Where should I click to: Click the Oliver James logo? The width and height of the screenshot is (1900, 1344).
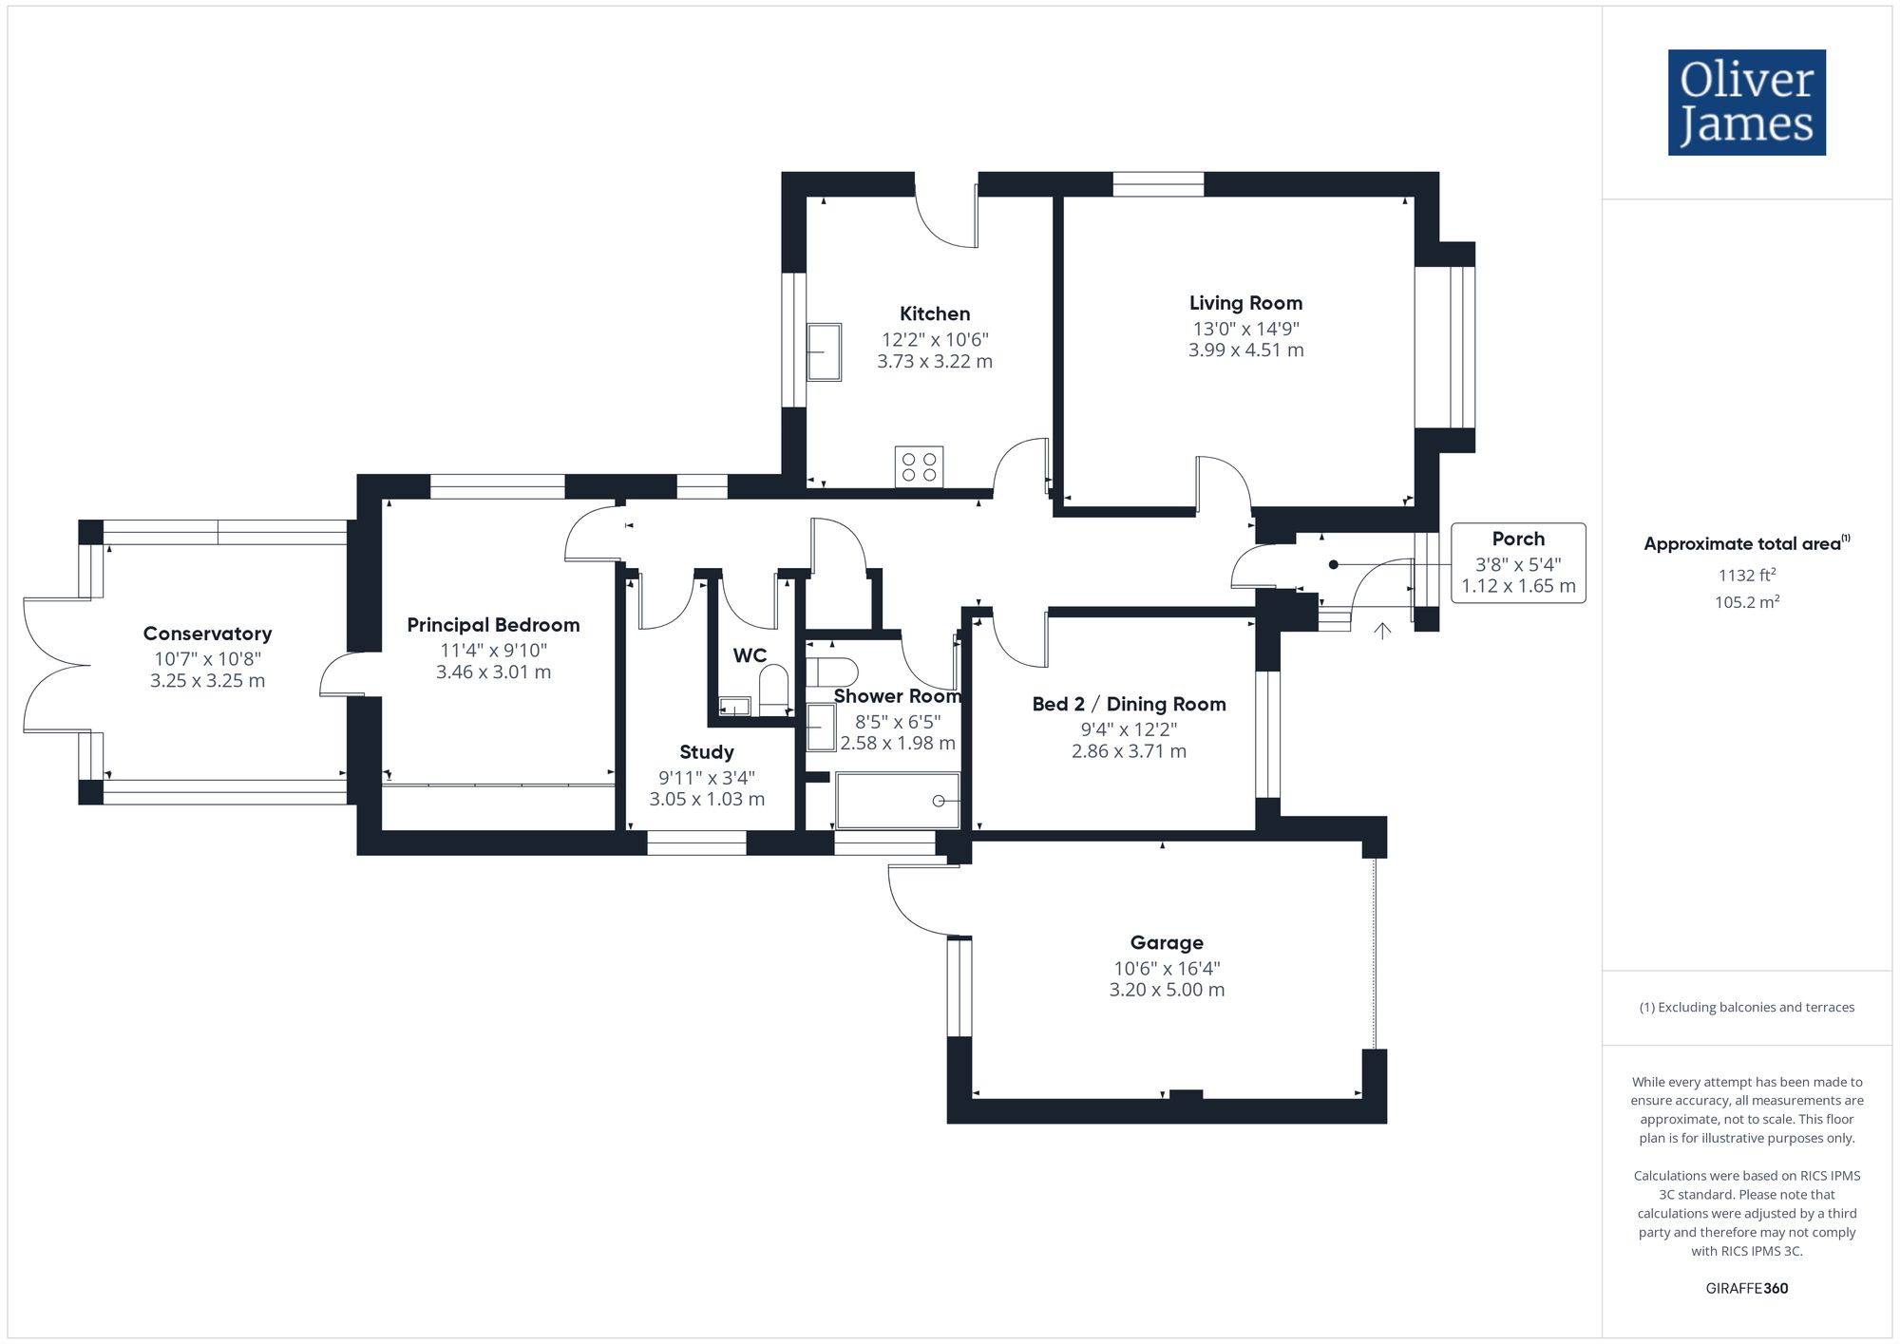pos(1747,103)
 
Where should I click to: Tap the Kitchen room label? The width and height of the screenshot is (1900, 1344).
pos(935,314)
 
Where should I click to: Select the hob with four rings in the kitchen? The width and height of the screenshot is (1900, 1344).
pos(919,466)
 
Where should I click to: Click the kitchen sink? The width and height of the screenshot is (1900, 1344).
pos(824,352)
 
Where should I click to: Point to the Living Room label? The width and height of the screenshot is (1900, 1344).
pos(1245,304)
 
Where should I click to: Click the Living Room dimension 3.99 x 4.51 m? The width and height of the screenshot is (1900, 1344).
pos(1245,350)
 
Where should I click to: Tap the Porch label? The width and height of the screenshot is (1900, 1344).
pos(1518,539)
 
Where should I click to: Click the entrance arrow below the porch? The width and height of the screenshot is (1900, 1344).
pos(1382,630)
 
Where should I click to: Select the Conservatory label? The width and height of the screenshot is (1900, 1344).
pos(207,634)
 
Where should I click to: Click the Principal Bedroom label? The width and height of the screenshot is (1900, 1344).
pos(493,625)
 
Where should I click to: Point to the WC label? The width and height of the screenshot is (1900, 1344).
pos(750,655)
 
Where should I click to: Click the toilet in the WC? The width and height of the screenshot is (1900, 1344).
pos(774,690)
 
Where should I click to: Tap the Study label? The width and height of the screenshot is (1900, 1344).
pos(707,752)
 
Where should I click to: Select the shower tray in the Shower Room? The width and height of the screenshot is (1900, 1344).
pos(898,801)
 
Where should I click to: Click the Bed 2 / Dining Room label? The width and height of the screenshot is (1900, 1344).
pos(1129,705)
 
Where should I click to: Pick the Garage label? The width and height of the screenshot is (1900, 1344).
pos(1167,943)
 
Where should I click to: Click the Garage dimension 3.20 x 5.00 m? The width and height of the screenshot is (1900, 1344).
pos(1167,990)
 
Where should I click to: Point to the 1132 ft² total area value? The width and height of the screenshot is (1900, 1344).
pos(1747,575)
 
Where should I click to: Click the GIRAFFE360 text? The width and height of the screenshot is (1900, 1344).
pos(1747,1289)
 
